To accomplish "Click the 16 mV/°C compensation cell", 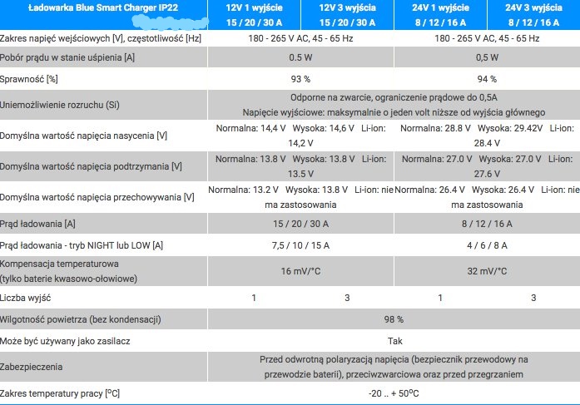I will point(300,270).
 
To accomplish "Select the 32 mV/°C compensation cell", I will point(487,270).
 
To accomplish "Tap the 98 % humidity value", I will point(394,319).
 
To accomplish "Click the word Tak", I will point(394,341).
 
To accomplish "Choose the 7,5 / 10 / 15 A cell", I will point(300,245).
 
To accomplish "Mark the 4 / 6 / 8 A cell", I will point(487,245).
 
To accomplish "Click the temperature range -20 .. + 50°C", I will point(394,393).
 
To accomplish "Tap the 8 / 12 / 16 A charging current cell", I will point(487,223).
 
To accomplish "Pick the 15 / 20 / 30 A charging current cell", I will point(300,223).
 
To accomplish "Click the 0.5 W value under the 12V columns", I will point(300,57).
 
